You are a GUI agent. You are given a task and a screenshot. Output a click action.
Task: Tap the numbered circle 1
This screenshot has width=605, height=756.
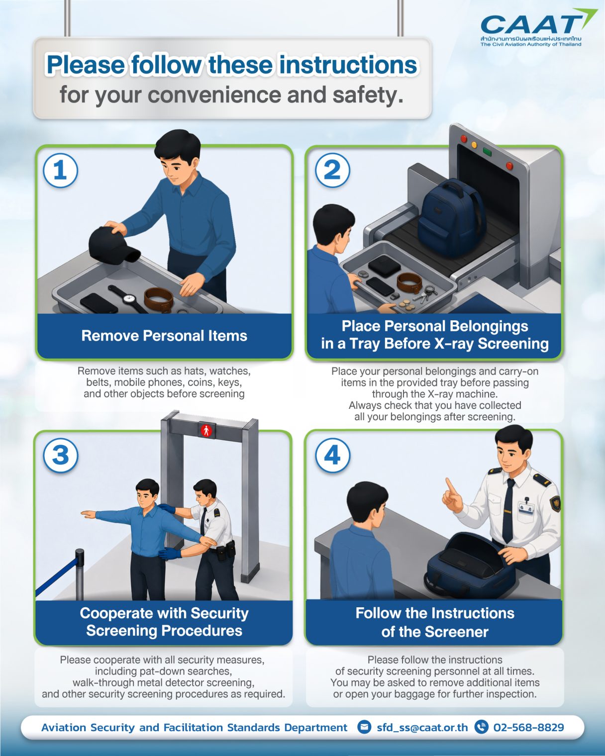pyautogui.click(x=61, y=171)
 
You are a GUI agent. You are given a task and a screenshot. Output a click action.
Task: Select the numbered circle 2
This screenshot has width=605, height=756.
pyautogui.click(x=332, y=171)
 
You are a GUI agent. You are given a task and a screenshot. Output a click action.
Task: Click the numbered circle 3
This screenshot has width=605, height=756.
pyautogui.click(x=61, y=455)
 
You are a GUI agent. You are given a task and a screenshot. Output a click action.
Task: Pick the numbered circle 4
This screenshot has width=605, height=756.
pyautogui.click(x=332, y=455)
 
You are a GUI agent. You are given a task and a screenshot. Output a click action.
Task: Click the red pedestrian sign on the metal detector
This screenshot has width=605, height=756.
pyautogui.click(x=206, y=430)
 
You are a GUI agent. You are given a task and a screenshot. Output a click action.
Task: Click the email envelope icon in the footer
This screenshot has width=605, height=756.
pyautogui.click(x=364, y=727)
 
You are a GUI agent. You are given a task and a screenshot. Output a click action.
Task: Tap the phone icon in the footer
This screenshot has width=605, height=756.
pyautogui.click(x=481, y=727)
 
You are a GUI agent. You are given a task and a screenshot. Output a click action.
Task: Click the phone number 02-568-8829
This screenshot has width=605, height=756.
pyautogui.click(x=528, y=727)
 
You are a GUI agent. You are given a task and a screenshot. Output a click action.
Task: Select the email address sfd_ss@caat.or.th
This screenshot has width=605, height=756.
pyautogui.click(x=422, y=727)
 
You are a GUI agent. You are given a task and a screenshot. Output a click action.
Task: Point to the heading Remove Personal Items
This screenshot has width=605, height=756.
pyautogui.click(x=164, y=336)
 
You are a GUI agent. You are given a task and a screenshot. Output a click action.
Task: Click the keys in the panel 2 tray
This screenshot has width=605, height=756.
pyautogui.click(x=425, y=293)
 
